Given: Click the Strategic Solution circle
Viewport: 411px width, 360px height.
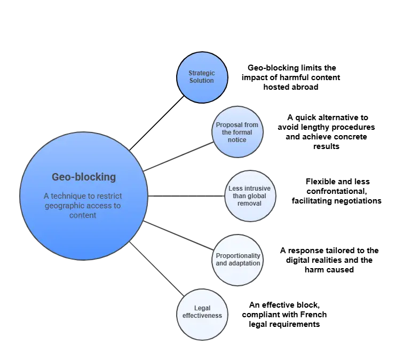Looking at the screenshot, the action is tap(202, 77).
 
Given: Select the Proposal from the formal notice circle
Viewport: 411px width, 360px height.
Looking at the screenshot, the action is tap(238, 132).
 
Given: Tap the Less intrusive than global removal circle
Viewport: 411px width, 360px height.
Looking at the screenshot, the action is tap(250, 196).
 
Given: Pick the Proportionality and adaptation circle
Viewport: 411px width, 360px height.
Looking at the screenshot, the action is tap(238, 260).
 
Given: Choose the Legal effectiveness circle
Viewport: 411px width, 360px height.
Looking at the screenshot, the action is tap(202, 315).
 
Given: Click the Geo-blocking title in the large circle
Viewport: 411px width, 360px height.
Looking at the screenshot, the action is tap(84, 177).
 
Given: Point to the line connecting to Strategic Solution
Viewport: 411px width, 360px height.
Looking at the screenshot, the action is tap(157, 123).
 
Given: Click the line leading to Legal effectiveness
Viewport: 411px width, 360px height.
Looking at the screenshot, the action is tap(157, 269).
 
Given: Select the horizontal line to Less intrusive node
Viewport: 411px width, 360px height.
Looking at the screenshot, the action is tap(186, 196).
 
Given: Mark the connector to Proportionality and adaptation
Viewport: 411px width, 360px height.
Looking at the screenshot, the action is tap(178, 235).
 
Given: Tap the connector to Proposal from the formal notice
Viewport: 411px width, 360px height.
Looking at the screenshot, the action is tap(178, 156).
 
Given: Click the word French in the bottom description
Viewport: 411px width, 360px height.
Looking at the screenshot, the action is tap(313, 315).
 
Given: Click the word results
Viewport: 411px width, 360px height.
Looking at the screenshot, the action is tap(326, 146).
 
